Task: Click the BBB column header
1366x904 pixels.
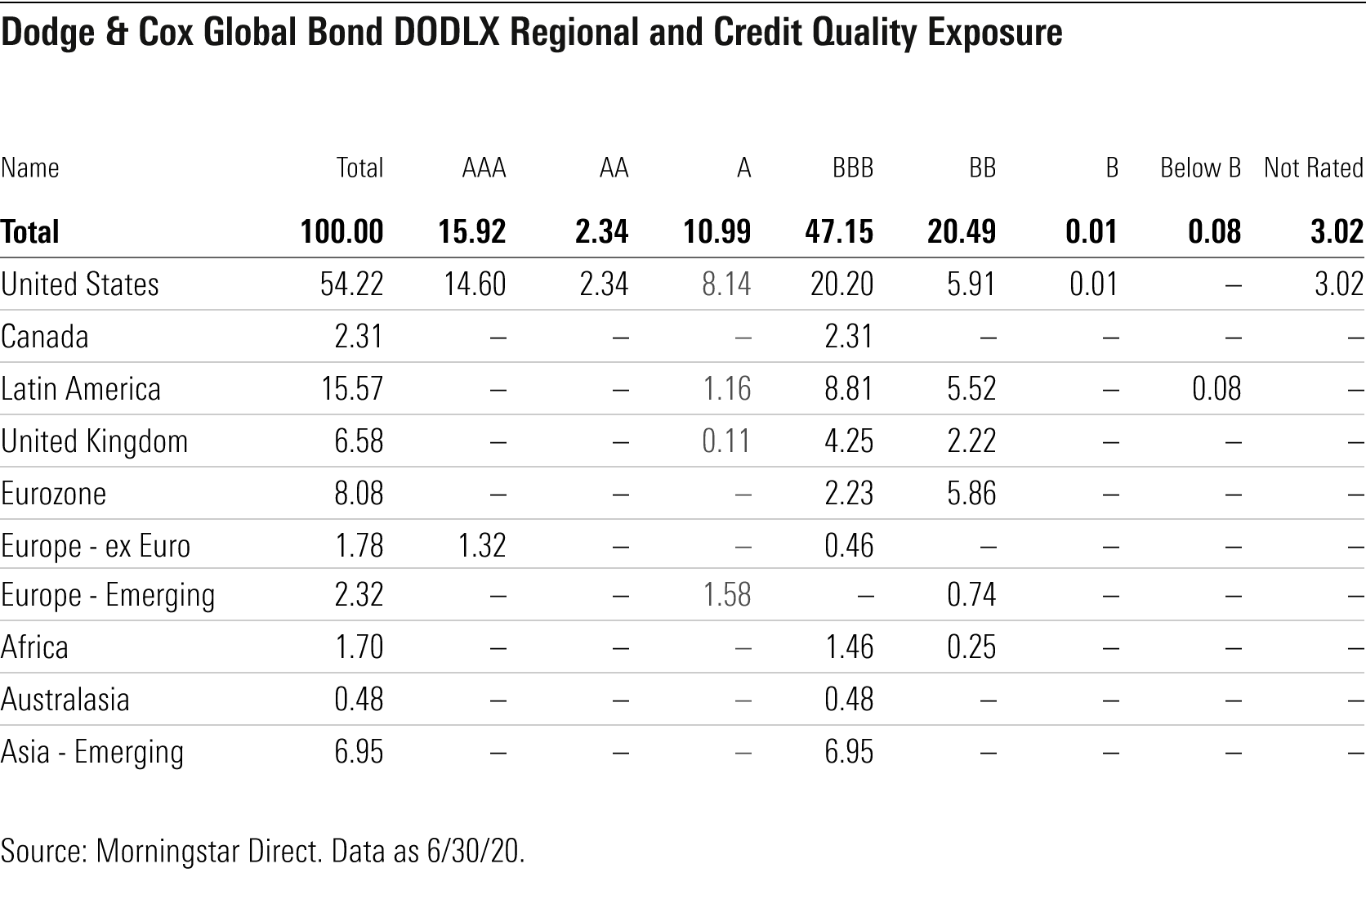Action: click(x=852, y=168)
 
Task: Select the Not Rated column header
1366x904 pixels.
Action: click(x=1313, y=168)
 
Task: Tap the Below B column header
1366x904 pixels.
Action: click(x=1200, y=168)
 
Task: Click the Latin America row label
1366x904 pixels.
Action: click(x=81, y=388)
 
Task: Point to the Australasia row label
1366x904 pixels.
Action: click(x=65, y=700)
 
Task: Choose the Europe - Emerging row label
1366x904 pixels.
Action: click(x=108, y=595)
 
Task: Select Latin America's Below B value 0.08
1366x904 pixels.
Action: click(x=1216, y=388)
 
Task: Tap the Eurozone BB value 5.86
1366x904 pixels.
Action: click(x=971, y=494)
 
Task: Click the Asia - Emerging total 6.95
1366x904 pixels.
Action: click(x=359, y=752)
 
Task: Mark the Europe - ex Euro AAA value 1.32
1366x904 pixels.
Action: click(x=482, y=546)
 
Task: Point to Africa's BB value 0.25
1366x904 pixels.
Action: click(x=971, y=647)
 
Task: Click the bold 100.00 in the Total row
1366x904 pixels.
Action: click(x=341, y=232)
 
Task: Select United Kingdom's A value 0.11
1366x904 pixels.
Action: click(x=726, y=441)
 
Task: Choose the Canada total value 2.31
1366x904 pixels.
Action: click(x=359, y=337)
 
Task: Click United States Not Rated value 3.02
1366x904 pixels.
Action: click(x=1337, y=284)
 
